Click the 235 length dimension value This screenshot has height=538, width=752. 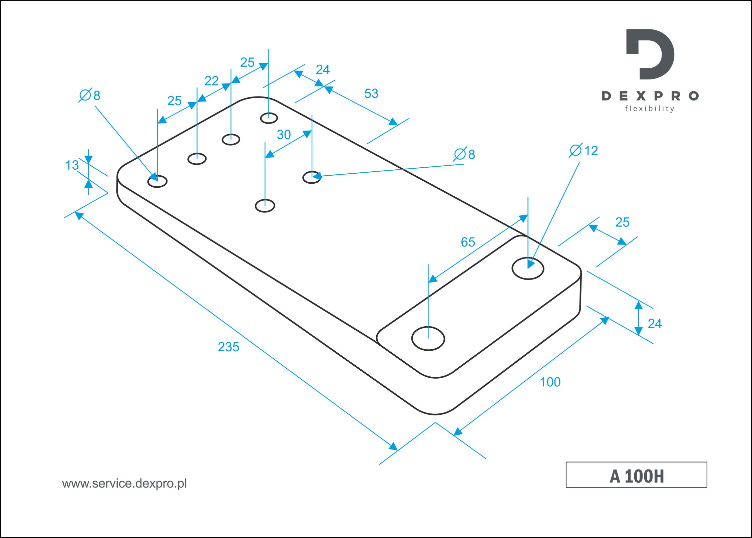(229, 347)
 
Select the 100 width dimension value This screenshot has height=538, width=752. (550, 382)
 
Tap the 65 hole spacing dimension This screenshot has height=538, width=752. (468, 242)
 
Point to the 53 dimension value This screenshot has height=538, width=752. (371, 94)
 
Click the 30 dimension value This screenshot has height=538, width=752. (284, 135)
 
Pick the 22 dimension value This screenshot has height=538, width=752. (212, 81)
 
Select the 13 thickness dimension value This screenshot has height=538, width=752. (72, 165)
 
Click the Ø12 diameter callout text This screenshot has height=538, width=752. (584, 151)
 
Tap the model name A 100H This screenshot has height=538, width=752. (637, 476)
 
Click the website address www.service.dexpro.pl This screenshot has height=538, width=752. (124, 484)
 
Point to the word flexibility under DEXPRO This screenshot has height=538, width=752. (650, 109)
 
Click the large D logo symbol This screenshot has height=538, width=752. (650, 54)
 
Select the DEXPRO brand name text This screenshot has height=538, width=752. (650, 96)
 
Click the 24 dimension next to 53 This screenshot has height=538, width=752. (323, 70)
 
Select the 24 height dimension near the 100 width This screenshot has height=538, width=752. (655, 324)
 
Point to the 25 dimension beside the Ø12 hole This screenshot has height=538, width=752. (622, 222)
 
